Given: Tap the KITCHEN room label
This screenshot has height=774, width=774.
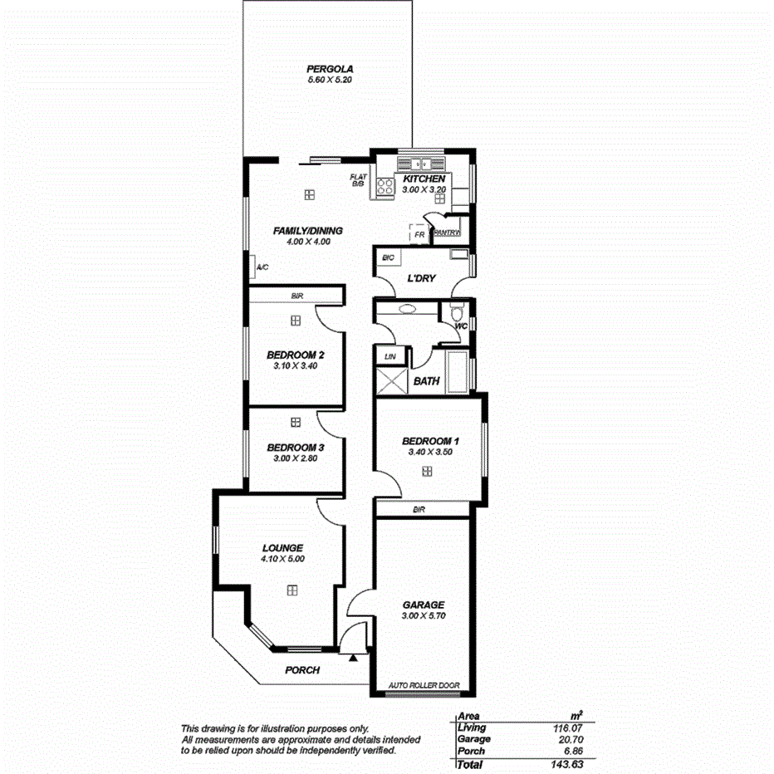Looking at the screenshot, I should (424, 179).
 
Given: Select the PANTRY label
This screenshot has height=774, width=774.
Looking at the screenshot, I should (447, 233).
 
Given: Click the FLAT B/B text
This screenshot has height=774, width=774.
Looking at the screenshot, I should (358, 180).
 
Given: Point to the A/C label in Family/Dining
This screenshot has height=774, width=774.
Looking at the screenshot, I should (262, 267).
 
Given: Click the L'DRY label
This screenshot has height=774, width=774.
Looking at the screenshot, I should (421, 279).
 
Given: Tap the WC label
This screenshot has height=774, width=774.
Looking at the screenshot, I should (461, 326).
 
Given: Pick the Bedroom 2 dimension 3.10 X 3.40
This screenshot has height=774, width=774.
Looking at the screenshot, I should (296, 365).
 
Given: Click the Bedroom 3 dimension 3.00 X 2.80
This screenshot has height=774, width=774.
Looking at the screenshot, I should (296, 458).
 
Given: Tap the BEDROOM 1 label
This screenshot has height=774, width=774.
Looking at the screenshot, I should (429, 441).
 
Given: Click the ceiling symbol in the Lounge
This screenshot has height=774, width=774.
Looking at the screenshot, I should (292, 590).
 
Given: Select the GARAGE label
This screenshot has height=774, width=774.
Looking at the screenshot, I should (424, 605).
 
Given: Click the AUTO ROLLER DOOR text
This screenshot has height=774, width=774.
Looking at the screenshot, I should (424, 686).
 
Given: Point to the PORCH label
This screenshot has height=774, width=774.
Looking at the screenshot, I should (302, 670).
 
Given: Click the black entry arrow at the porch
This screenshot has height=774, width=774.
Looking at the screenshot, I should (353, 658).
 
